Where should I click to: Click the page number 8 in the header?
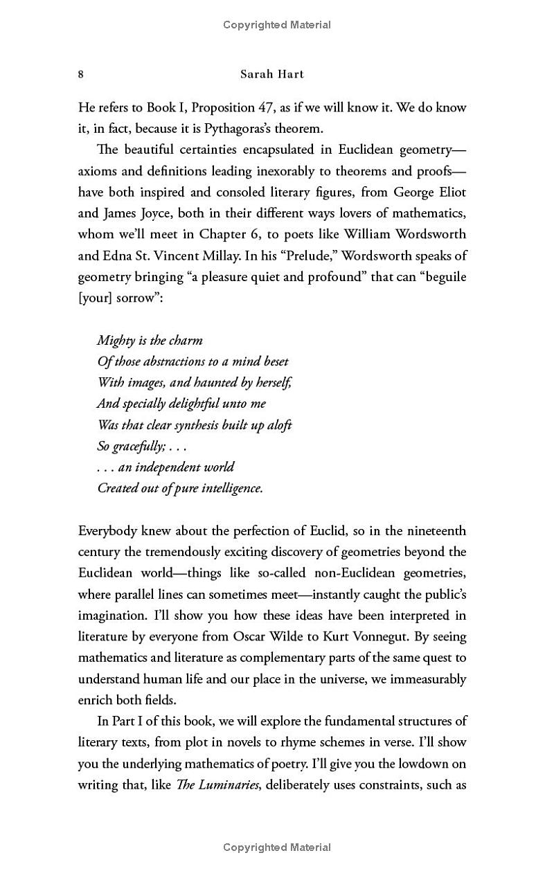[81, 75]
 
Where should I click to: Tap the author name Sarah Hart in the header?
[276, 75]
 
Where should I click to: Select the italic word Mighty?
[115, 341]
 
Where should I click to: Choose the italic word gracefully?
[138, 446]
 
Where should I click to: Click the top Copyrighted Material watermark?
[277, 25]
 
